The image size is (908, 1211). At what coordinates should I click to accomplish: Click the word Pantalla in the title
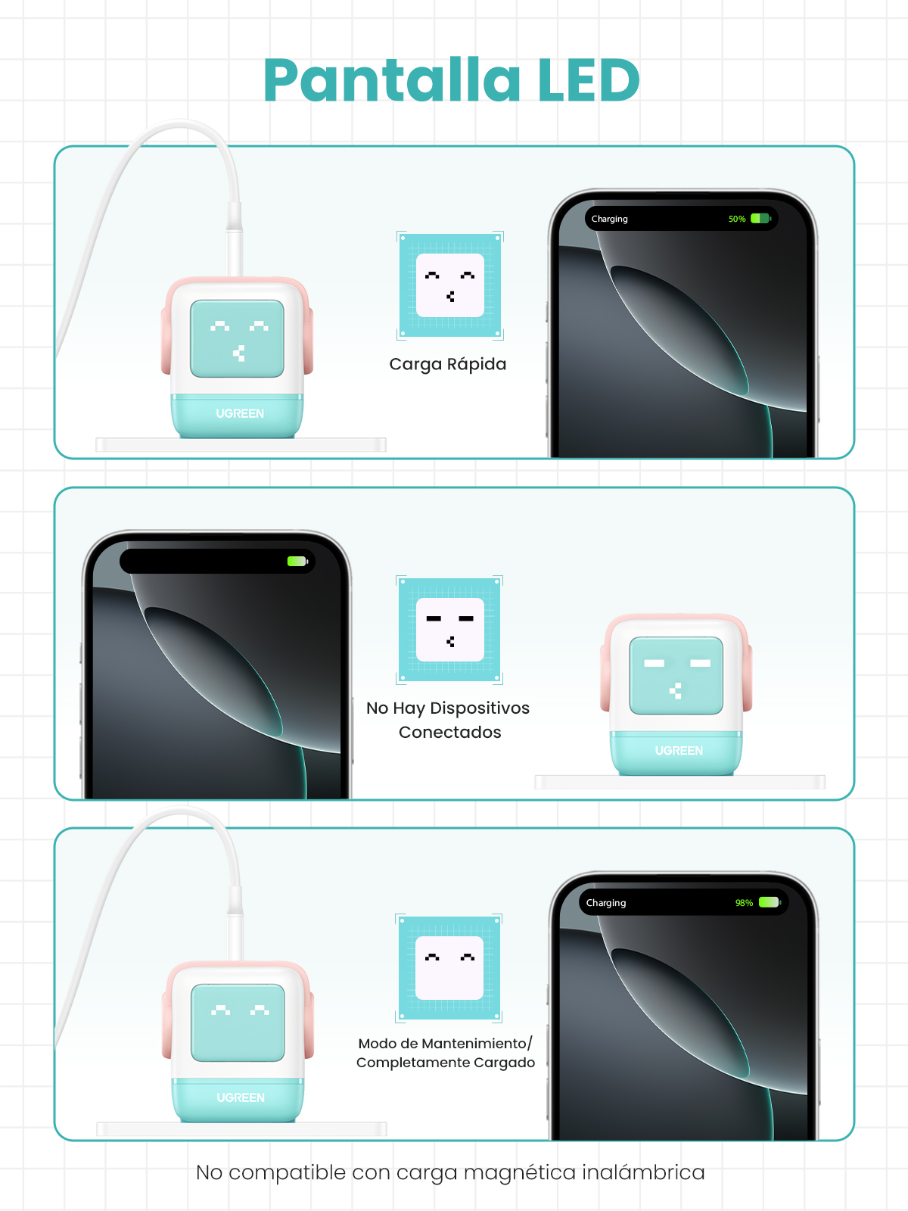click(392, 80)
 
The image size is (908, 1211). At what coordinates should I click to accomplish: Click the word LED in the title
click(589, 80)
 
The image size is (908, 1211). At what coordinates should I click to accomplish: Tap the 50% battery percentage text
click(736, 219)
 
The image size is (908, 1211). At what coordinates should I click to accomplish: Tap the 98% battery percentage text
click(744, 903)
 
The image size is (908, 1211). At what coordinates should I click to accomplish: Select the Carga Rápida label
click(448, 365)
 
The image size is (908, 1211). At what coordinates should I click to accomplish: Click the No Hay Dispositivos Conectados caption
click(448, 720)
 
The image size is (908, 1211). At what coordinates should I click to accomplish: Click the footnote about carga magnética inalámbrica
click(450, 1172)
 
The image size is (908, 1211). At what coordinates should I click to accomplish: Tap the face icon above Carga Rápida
click(450, 285)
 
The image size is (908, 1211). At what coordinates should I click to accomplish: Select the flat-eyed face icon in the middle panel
click(449, 630)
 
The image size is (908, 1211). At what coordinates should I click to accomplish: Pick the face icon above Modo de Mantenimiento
click(449, 968)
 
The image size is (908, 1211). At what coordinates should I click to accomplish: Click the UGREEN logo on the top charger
click(240, 413)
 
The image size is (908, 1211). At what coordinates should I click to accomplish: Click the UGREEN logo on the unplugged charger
click(679, 750)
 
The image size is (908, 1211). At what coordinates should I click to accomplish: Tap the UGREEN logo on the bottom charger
click(241, 1097)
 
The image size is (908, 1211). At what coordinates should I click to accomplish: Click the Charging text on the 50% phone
click(609, 219)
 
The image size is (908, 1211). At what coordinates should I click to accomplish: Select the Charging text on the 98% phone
click(606, 903)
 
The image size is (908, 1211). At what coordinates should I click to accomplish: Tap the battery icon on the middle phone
click(297, 561)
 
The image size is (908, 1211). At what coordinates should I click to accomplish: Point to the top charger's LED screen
click(237, 339)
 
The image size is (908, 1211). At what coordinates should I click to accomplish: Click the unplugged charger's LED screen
click(676, 676)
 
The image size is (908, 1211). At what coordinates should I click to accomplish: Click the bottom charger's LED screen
click(238, 1023)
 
